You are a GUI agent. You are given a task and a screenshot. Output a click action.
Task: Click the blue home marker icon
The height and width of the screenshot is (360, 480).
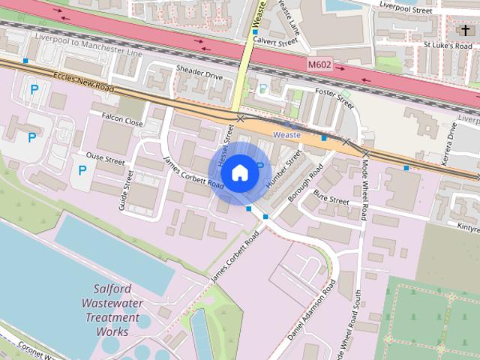[239, 172]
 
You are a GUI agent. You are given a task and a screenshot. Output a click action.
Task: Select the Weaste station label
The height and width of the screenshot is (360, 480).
[286, 135]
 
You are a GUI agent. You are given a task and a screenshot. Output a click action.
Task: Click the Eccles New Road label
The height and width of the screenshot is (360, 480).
[82, 82]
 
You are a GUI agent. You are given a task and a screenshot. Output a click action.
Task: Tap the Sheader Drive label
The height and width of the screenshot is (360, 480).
[199, 76]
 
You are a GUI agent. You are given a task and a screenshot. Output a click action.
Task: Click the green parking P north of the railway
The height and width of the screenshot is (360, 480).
[262, 89]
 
